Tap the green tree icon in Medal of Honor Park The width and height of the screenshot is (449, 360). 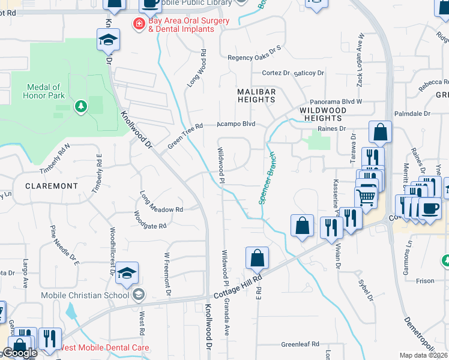(80, 106)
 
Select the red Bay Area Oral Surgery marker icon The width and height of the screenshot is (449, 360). (139, 24)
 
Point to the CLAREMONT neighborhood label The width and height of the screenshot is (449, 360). (52, 186)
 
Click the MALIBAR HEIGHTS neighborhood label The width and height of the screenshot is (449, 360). (256, 95)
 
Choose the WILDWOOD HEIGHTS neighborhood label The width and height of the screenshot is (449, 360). (322, 114)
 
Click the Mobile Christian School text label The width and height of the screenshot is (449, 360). (85, 295)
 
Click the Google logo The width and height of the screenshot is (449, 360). (20, 353)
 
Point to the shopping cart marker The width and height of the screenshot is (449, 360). (366, 196)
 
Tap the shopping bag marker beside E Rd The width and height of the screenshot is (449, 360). (257, 258)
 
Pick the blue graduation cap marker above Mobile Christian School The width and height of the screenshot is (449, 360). (127, 273)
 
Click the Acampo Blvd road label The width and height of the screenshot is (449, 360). (236, 124)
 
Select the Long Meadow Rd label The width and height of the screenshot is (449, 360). (161, 203)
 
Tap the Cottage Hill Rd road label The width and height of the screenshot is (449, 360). (239, 289)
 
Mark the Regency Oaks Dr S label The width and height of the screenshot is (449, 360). (254, 58)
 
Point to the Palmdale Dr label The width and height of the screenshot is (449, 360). (412, 113)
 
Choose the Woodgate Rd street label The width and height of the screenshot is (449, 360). (149, 220)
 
